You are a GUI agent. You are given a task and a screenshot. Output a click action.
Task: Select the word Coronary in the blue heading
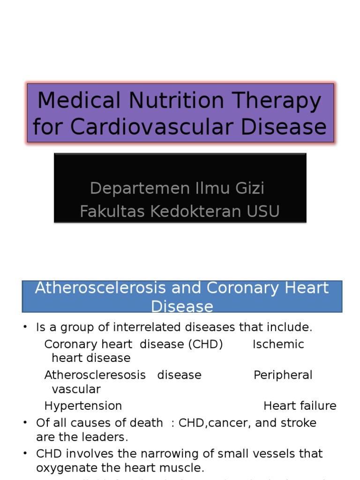(x=235, y=288)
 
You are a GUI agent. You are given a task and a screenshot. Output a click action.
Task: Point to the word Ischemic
(x=278, y=345)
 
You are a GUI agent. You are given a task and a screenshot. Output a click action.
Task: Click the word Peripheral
(x=283, y=375)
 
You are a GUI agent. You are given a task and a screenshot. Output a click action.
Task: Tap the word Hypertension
(x=83, y=406)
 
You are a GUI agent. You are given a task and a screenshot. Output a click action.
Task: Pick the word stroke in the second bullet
(x=299, y=423)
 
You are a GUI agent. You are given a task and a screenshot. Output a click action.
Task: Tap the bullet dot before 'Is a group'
(x=25, y=327)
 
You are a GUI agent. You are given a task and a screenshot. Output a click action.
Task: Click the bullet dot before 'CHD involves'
(x=25, y=453)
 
